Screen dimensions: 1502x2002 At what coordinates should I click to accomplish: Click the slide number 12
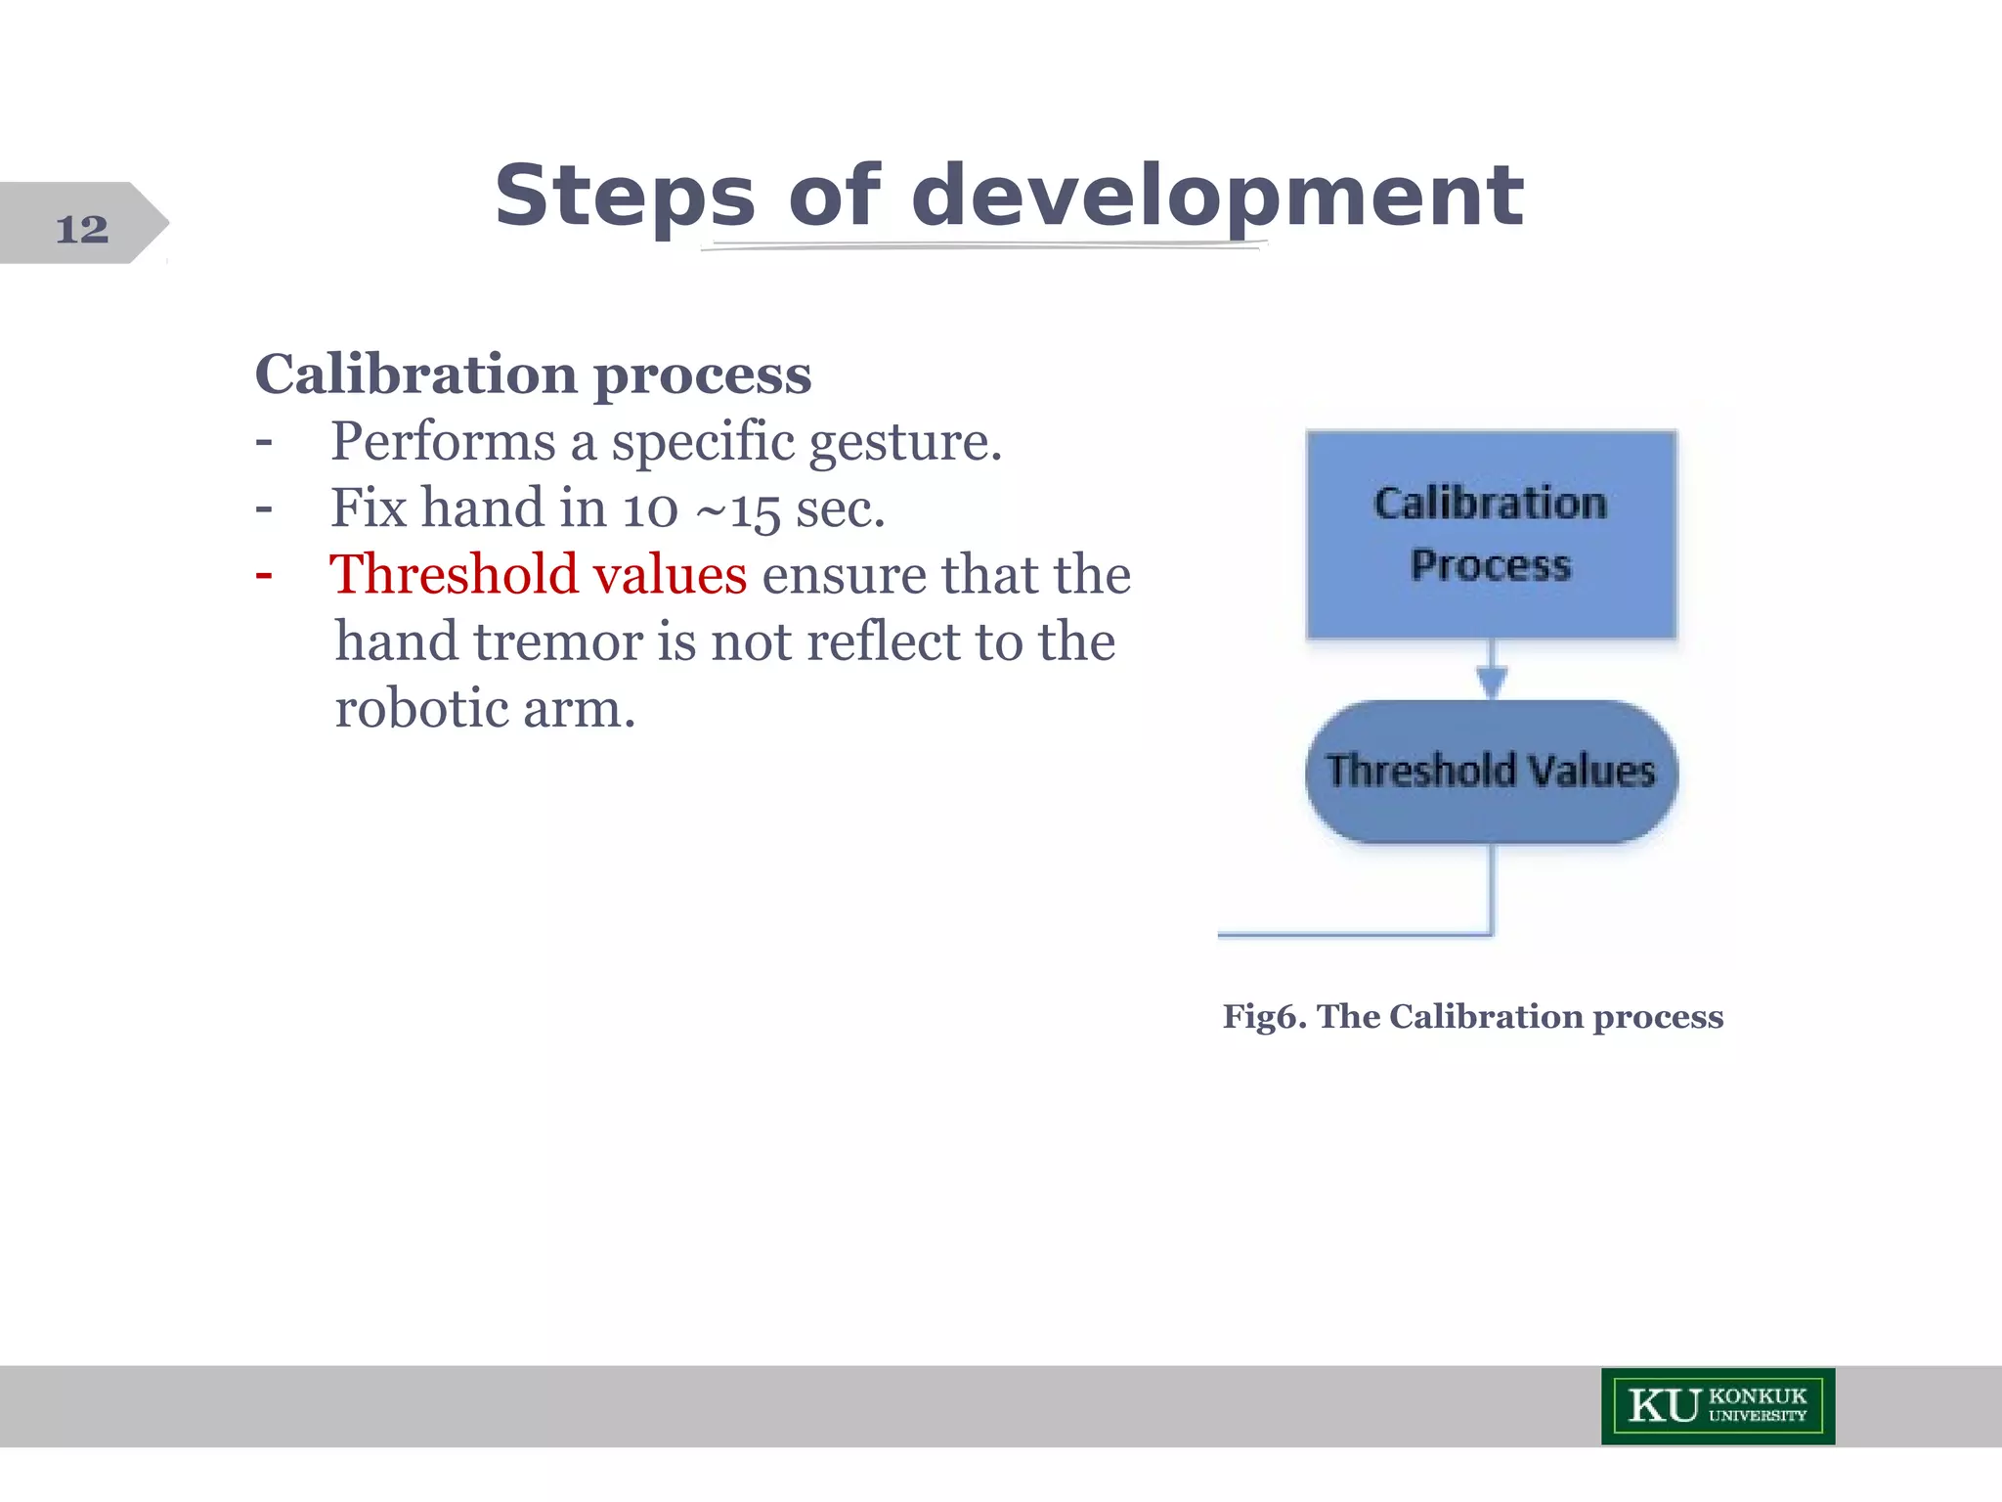(x=82, y=229)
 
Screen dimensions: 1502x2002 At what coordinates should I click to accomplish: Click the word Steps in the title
(x=624, y=197)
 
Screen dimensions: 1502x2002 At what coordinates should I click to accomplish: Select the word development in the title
(x=1216, y=197)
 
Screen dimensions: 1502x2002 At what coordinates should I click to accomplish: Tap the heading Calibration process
(x=533, y=375)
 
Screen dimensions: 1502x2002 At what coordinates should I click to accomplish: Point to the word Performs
(x=443, y=442)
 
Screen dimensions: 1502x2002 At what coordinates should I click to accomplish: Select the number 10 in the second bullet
(x=650, y=509)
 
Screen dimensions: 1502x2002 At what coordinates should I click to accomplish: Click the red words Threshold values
(x=538, y=575)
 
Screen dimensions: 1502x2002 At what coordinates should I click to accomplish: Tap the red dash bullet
(x=263, y=575)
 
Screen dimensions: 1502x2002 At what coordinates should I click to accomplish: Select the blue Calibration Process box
(x=1491, y=534)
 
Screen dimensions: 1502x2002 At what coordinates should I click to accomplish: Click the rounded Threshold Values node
(x=1491, y=772)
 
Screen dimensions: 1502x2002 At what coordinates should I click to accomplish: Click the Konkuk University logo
(x=1718, y=1406)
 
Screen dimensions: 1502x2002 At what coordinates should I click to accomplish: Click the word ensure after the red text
(x=844, y=575)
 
